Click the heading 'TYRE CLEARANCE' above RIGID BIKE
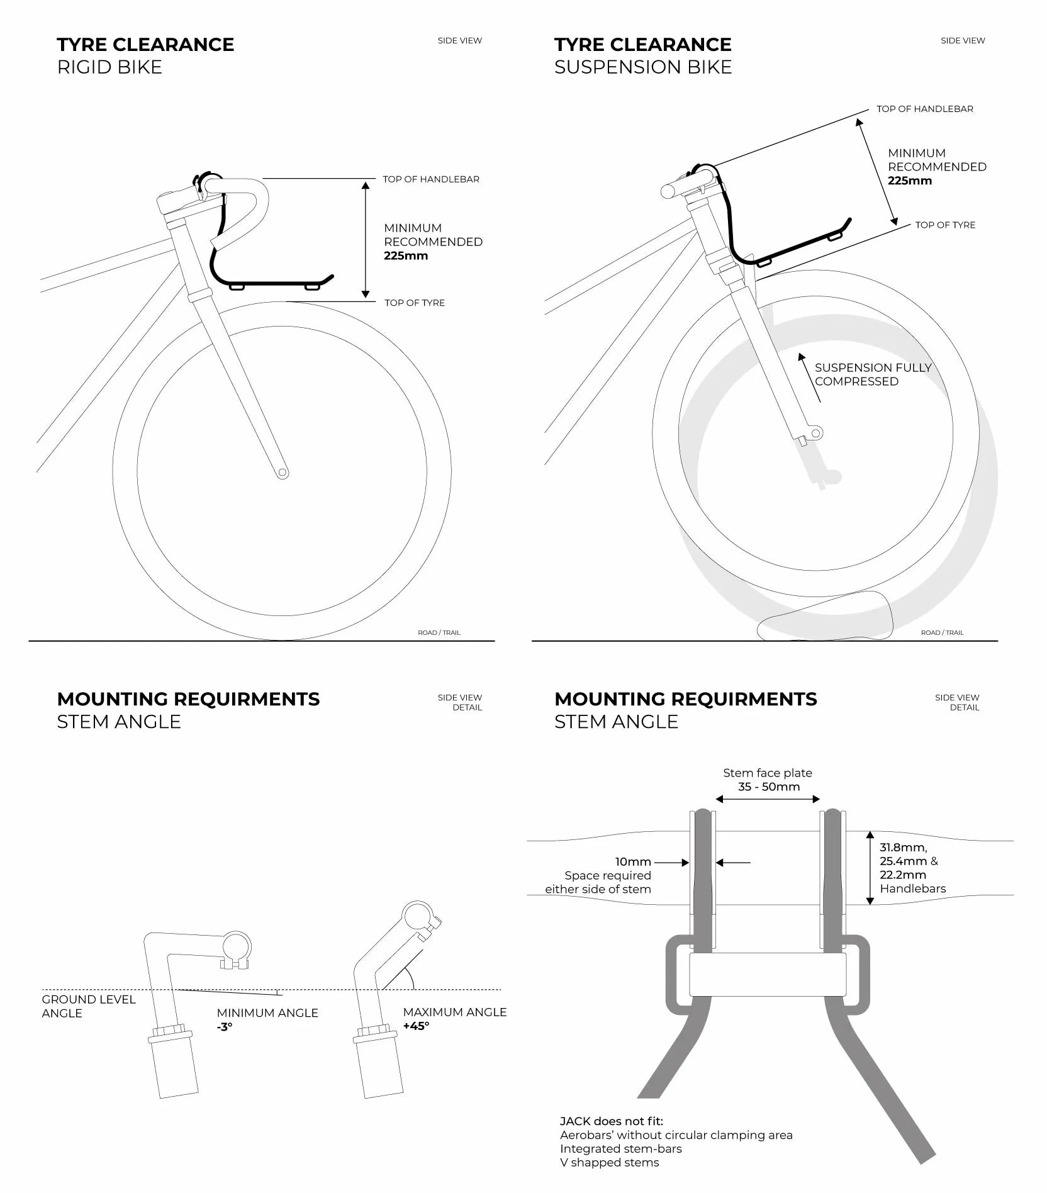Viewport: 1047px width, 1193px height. click(x=145, y=45)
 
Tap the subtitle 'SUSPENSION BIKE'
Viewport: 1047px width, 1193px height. click(x=643, y=67)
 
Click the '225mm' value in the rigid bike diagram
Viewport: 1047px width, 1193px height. click(x=406, y=255)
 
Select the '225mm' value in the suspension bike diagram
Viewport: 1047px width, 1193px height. click(x=910, y=181)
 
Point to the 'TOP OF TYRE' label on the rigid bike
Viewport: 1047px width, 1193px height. click(x=415, y=303)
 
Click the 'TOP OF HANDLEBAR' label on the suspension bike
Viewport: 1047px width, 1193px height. click(x=925, y=109)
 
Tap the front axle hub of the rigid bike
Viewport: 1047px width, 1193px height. click(x=283, y=473)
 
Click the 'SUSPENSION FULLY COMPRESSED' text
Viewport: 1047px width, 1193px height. click(x=873, y=374)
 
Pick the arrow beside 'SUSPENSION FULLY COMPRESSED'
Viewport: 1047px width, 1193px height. click(x=810, y=378)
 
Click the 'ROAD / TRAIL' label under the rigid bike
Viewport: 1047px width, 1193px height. click(x=439, y=632)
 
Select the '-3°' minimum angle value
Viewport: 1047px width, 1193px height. click(x=225, y=1026)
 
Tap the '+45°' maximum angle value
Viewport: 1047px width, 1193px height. click(x=416, y=1026)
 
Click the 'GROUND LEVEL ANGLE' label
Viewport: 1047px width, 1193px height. click(x=89, y=1006)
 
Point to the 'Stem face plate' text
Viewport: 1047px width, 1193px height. click(x=768, y=773)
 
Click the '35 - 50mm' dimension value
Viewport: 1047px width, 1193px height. click(x=769, y=787)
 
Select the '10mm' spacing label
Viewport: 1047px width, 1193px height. click(x=633, y=862)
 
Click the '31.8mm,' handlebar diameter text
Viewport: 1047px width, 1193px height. click(x=904, y=848)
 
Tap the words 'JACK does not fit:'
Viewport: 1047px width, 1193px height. click(x=612, y=1121)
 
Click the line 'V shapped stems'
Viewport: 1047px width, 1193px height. click(x=610, y=1163)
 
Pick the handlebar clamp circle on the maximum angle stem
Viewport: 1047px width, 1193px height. click(x=416, y=916)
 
